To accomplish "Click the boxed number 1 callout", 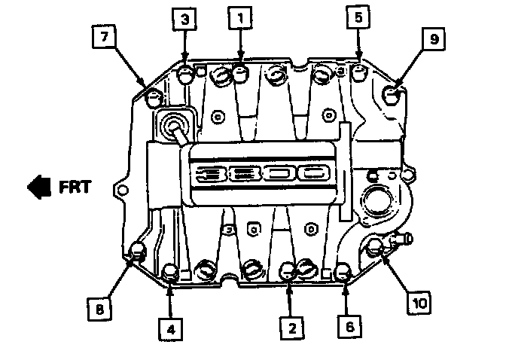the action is click(240, 17).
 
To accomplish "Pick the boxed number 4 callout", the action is click(171, 328).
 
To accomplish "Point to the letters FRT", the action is click(75, 186).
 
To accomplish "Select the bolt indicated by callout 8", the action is click(138, 252).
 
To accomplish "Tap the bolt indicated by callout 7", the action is click(154, 96).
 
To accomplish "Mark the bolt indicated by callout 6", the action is click(343, 270).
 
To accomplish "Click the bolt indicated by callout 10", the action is click(378, 246).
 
